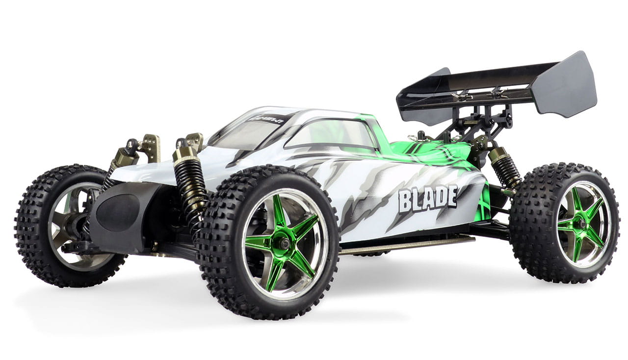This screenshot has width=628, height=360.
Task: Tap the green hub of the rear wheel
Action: tap(582, 224)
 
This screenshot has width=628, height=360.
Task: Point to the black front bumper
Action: tap(118, 216)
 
